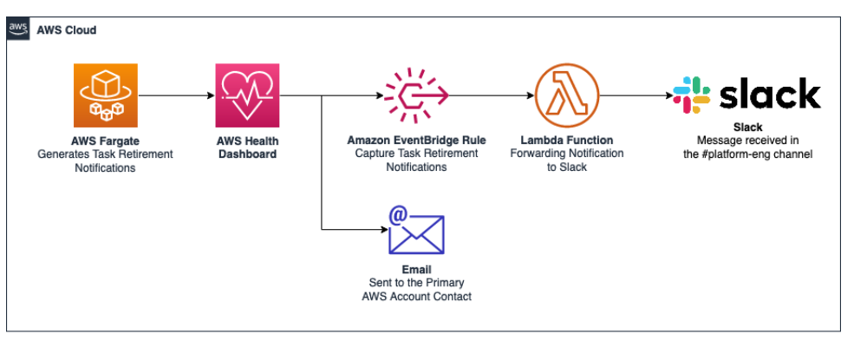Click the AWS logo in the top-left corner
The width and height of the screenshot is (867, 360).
coord(17,29)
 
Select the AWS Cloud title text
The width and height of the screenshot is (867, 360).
coord(67,30)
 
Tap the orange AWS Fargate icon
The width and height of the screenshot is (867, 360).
coord(105,95)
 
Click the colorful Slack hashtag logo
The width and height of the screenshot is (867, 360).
coord(691,94)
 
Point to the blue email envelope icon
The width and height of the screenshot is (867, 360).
coord(417,232)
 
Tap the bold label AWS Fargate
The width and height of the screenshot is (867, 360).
coord(105,141)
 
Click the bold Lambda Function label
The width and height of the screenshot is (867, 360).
coord(566,140)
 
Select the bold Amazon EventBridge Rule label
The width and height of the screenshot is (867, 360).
coord(416,140)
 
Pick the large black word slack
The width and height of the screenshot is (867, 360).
coord(770,94)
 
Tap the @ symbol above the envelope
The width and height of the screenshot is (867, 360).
coord(398,213)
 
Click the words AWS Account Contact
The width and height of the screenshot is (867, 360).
coord(416,297)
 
